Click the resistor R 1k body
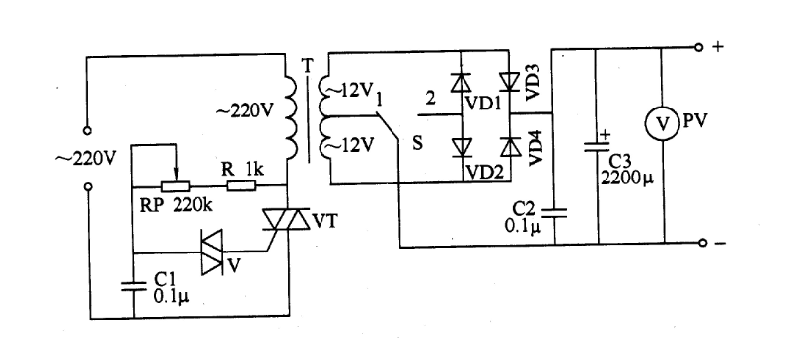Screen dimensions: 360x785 243,185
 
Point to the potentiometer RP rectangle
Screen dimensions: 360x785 176,185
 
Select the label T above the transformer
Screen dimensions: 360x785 306,65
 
